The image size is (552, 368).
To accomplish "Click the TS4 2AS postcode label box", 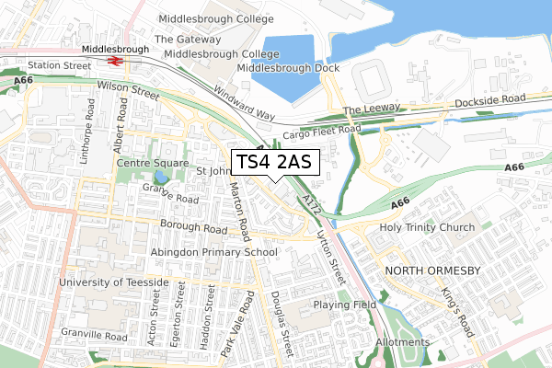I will pyautogui.click(x=274, y=163).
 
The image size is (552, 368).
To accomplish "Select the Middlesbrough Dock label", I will pyautogui.click(x=288, y=69).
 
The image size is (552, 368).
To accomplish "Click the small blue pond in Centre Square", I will pyautogui.click(x=161, y=177).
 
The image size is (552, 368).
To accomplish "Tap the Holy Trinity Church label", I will pyautogui.click(x=427, y=227).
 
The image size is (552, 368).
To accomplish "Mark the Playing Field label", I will pyautogui.click(x=345, y=304).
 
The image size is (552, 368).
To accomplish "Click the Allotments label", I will pyautogui.click(x=403, y=342).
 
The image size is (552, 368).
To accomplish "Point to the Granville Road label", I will pyautogui.click(x=88, y=338).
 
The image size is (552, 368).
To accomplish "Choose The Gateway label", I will pyautogui.click(x=188, y=40).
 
